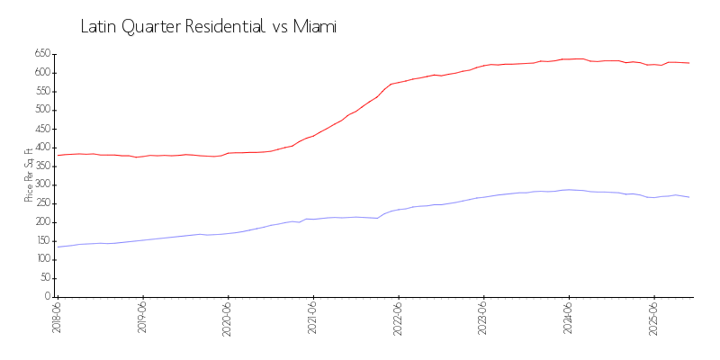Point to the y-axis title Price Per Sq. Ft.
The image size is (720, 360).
[x=30, y=175]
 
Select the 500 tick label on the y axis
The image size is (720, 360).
[x=41, y=110]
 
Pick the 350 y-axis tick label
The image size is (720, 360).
[x=41, y=166]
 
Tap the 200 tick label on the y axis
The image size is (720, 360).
[x=41, y=222]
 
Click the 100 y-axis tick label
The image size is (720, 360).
[x=41, y=259]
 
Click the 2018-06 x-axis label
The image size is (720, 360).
[x=57, y=317]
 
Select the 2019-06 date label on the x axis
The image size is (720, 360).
[x=142, y=317]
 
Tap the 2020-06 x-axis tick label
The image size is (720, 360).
[x=228, y=317]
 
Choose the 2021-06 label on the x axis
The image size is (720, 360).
[x=312, y=317]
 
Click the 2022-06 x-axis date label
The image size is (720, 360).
[x=398, y=317]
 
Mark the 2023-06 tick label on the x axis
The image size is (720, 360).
[x=483, y=317]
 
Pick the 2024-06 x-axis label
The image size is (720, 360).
[x=568, y=317]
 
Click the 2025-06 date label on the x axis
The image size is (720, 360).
[x=653, y=317]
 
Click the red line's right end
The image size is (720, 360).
[x=689, y=63]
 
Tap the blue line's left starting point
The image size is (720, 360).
[x=58, y=247]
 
